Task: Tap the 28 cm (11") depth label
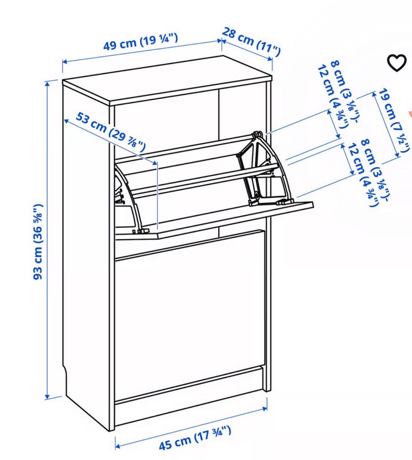[x=251, y=42]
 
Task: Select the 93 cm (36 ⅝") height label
[x=39, y=242]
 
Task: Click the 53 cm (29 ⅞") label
[x=111, y=132]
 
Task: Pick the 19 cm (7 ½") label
[x=394, y=120]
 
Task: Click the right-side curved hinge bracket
[x=264, y=168]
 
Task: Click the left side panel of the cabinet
[x=88, y=255]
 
